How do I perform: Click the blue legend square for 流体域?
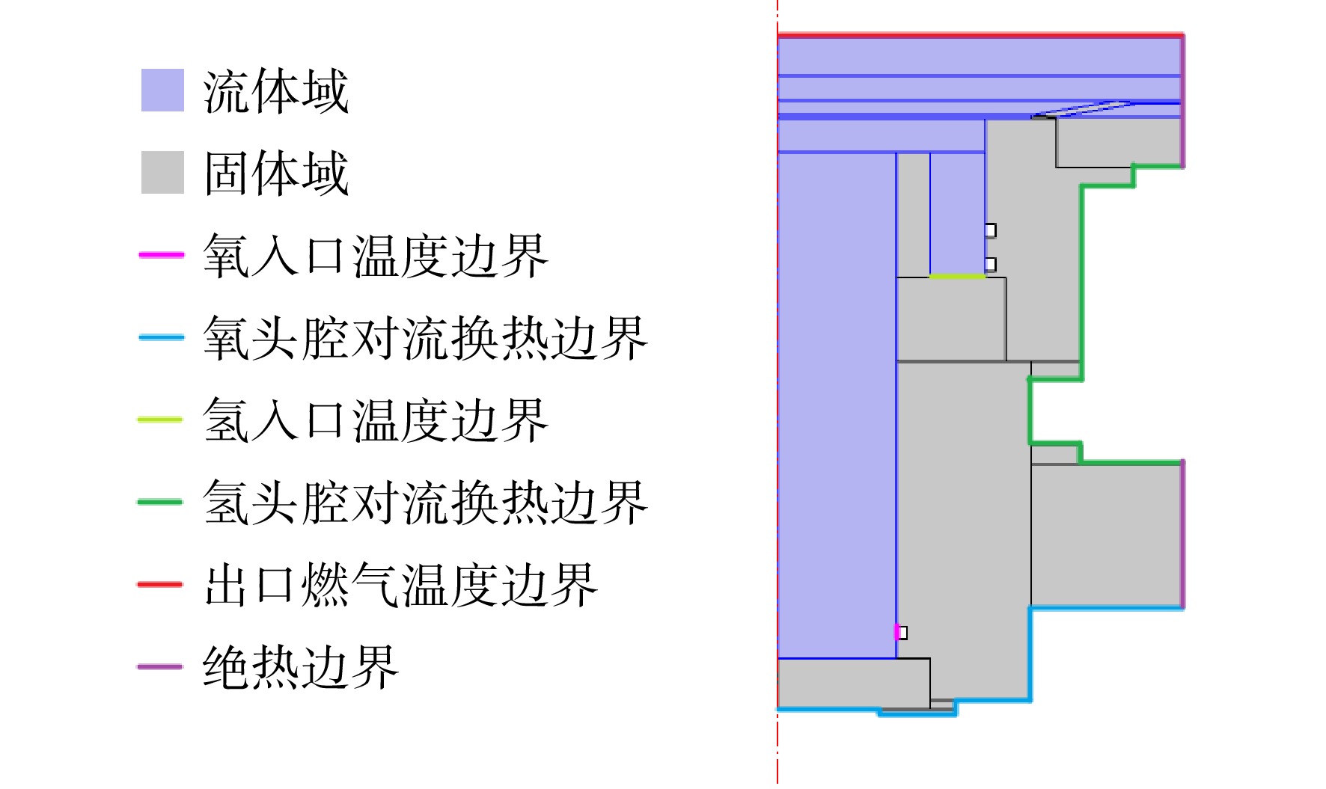[162, 90]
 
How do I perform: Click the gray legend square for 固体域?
[162, 173]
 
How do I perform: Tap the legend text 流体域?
[276, 91]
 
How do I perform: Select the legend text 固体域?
[276, 173]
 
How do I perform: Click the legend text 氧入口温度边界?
[376, 256]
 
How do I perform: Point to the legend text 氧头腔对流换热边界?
[425, 338]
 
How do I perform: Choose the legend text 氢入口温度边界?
[376, 420]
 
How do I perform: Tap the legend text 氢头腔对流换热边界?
[425, 503]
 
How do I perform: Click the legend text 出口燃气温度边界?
[400, 585]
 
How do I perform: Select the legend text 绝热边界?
[301, 667]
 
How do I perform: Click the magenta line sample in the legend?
[161, 255]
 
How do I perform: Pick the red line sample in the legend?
[160, 584]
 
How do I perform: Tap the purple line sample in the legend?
[160, 666]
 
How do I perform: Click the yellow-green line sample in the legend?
[160, 420]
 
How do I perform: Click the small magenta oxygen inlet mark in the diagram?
[896, 633]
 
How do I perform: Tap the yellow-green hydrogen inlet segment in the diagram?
[957, 277]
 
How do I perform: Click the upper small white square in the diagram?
[991, 230]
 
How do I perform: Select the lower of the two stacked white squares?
[991, 264]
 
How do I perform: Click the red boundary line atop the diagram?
[980, 35]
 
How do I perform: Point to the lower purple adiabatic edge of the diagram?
[1182, 535]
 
